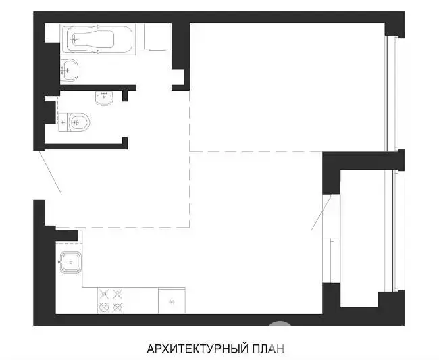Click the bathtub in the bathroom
tap(98, 38)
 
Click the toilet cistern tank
tap(63, 122)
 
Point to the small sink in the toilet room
tap(104, 98)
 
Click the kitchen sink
tap(70, 262)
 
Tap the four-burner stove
tap(111, 301)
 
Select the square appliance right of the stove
tap(172, 301)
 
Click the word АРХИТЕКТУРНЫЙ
tap(198, 349)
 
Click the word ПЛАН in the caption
tap(269, 349)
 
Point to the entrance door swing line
tap(51, 172)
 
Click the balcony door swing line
tap(321, 213)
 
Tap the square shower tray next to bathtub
tap(157, 36)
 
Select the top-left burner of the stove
tap(104, 294)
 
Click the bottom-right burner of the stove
tap(118, 307)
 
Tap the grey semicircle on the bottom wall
tap(280, 323)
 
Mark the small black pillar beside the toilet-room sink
tap(125, 95)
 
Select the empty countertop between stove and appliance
tap(141, 301)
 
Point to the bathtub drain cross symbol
tap(74, 39)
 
